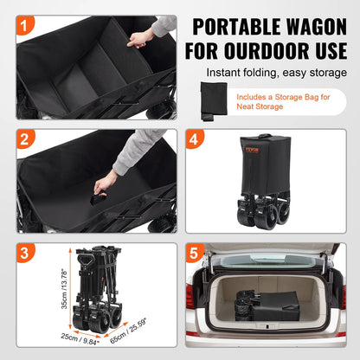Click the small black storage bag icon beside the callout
(x=212, y=100)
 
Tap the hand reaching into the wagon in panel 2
(x=106, y=181)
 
